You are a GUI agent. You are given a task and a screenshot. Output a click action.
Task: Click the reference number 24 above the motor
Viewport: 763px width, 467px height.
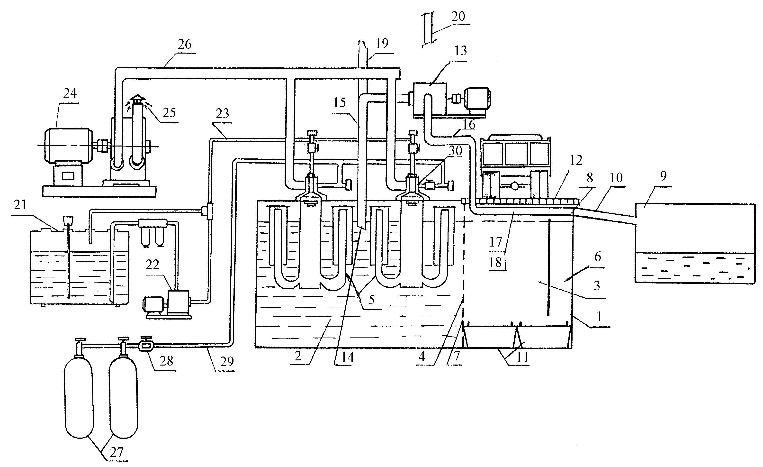pyautogui.click(x=70, y=93)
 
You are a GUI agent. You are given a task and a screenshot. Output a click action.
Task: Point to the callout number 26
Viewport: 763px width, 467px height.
pyautogui.click(x=185, y=44)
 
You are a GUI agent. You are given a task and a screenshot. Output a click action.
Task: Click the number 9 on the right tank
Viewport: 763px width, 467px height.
pyautogui.click(x=663, y=176)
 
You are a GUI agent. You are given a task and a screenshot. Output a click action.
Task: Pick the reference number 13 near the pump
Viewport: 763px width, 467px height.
pyautogui.click(x=460, y=51)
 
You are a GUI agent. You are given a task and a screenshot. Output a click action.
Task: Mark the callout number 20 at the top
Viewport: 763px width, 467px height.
pyautogui.click(x=458, y=16)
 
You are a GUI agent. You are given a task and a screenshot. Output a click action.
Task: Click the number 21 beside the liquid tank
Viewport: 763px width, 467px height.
pyautogui.click(x=20, y=205)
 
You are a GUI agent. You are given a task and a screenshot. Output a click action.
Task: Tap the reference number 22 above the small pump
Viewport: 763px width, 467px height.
pyautogui.click(x=152, y=265)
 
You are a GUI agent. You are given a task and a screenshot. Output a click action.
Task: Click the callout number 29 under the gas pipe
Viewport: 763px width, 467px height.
pyautogui.click(x=227, y=362)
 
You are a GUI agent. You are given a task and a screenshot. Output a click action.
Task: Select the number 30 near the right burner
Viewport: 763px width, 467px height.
pyautogui.click(x=456, y=151)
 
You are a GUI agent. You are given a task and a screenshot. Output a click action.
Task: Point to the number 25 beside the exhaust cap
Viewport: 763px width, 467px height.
pyautogui.click(x=169, y=113)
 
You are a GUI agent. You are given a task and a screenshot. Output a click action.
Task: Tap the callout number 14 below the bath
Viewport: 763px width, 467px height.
pyautogui.click(x=347, y=357)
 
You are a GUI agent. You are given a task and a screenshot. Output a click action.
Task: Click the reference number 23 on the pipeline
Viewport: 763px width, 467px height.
pyautogui.click(x=222, y=114)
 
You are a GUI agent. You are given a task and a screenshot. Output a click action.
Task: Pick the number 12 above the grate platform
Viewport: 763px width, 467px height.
pyautogui.click(x=576, y=160)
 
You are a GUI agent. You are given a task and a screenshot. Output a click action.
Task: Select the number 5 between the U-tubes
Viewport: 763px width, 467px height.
pyautogui.click(x=372, y=300)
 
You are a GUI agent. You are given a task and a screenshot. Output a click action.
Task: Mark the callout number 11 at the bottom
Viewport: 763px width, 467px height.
pyautogui.click(x=522, y=357)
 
